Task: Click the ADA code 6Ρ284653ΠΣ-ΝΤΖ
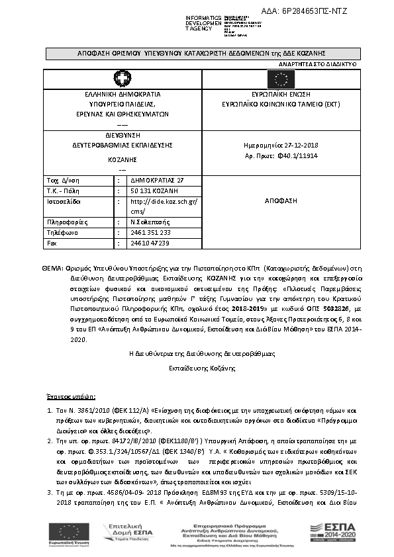click(x=315, y=11)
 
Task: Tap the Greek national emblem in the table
click(x=123, y=80)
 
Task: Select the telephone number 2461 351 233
click(x=151, y=233)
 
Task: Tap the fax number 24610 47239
click(x=150, y=243)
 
